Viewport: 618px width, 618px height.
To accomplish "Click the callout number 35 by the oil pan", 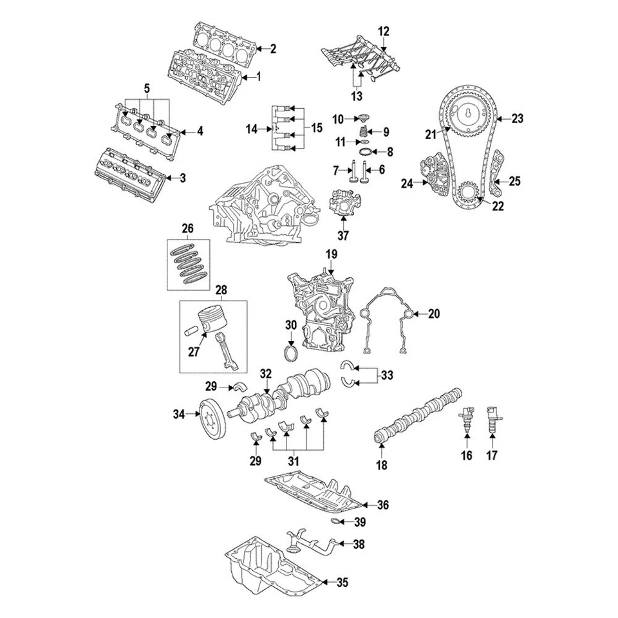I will tap(342, 583).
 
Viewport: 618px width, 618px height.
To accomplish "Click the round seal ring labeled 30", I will tap(291, 356).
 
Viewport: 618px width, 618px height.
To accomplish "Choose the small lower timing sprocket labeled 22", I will tap(468, 192).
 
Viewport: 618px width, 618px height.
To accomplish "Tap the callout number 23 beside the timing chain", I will tap(517, 118).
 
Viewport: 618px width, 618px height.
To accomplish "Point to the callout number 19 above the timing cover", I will tap(330, 255).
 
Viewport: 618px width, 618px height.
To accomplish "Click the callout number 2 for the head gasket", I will tap(272, 48).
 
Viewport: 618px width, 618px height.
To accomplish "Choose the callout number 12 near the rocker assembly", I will tap(384, 31).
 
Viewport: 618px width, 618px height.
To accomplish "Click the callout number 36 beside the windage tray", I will tap(383, 505).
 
